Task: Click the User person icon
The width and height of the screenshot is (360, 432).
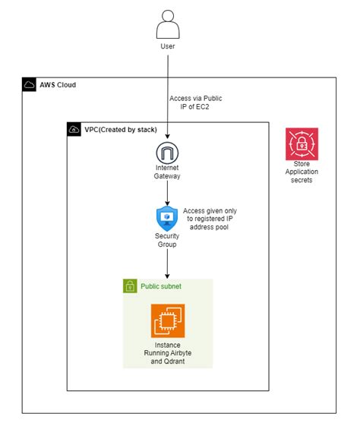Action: pos(168,24)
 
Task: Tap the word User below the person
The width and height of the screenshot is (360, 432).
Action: pos(168,46)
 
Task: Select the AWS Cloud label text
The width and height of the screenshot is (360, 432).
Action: pos(58,85)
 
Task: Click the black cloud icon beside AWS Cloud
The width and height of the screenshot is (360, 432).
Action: pos(29,84)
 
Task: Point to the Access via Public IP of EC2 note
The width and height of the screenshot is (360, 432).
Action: pos(195,102)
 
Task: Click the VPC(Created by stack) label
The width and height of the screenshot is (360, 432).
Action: pos(121,130)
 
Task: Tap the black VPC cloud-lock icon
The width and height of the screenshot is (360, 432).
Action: pos(74,129)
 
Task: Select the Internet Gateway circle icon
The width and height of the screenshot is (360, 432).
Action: pos(167,153)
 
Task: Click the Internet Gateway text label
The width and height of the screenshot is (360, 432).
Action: pos(167,172)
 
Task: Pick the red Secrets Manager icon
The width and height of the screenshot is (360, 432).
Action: pos(302,143)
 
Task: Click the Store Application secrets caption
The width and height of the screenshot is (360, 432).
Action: pos(302,172)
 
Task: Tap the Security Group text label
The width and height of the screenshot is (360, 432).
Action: pos(167,240)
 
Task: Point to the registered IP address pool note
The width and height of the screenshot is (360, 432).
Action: pos(210,219)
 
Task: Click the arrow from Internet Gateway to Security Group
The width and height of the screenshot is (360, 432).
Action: pos(167,193)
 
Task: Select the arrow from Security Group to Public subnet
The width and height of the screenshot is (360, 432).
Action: pos(167,263)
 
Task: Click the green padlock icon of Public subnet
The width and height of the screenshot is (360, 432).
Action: pos(130,286)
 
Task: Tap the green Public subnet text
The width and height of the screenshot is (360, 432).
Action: pos(161,286)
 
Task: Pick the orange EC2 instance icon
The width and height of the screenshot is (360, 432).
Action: pos(168,320)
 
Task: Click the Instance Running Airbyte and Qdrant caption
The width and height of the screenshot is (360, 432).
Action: pos(168,353)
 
